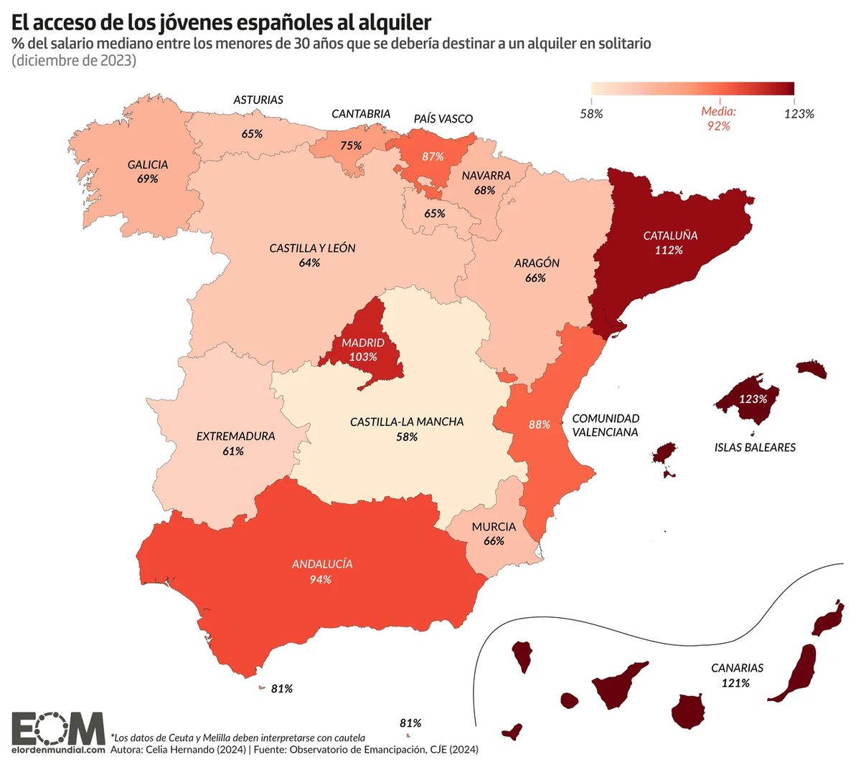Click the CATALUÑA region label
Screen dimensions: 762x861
pos(670,235)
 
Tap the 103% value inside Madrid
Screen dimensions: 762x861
pos(363,356)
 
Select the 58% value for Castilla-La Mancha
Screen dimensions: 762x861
pos(407,437)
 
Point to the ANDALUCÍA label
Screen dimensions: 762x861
pos(322,564)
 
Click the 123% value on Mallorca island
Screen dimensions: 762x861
pos(753,399)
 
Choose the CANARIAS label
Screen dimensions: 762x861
pos(737,667)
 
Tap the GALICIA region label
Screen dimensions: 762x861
pos(148,165)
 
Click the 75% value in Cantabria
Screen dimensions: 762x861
pos(351,146)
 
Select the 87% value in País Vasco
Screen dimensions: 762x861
pos(433,156)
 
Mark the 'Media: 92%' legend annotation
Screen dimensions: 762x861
pos(718,119)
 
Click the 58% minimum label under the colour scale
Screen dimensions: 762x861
pos(591,113)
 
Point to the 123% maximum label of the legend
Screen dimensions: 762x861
pos(799,113)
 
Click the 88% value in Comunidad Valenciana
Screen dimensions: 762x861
pos(540,424)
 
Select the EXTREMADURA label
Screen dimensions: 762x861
pos(235,436)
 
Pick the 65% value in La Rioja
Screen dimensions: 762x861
pos(434,213)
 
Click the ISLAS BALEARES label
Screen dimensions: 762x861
pos(755,447)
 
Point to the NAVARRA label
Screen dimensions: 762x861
pos(486,176)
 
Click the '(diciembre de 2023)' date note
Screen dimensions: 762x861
pos(74,61)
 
